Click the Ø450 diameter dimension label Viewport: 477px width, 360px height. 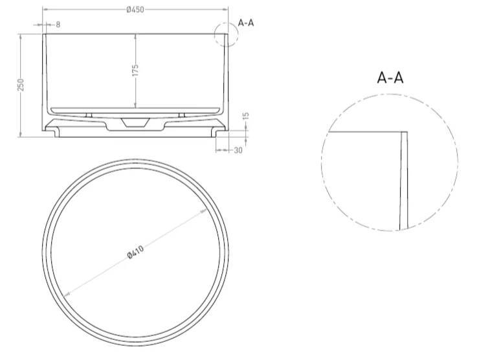click(x=135, y=10)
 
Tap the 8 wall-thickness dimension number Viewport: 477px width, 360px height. click(x=58, y=25)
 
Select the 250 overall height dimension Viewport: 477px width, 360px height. click(x=20, y=85)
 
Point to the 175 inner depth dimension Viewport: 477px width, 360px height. click(x=135, y=70)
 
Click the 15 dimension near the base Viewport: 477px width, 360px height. click(x=246, y=116)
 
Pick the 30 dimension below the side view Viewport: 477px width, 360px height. click(x=238, y=150)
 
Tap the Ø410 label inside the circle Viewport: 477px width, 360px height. click(x=136, y=252)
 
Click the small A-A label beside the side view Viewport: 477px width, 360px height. click(x=246, y=23)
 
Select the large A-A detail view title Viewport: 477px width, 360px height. click(x=390, y=77)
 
